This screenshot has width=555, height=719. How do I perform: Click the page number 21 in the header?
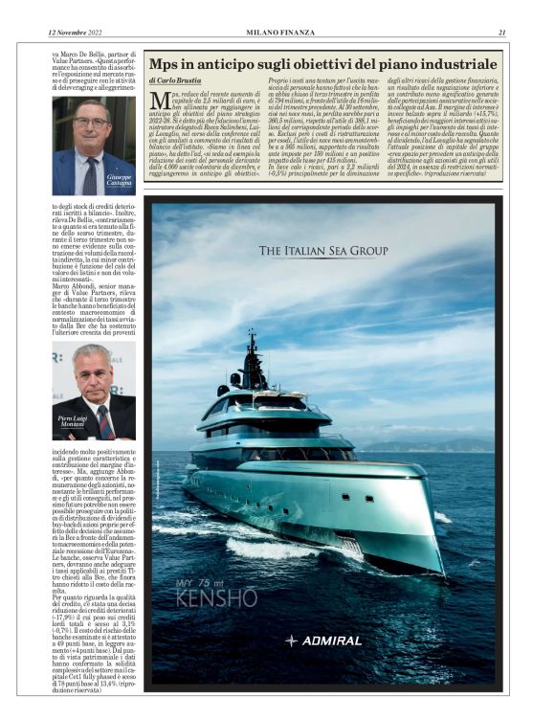[501, 34]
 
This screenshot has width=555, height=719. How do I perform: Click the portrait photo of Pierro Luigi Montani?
[93, 392]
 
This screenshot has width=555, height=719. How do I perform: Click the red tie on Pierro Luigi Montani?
[103, 421]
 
